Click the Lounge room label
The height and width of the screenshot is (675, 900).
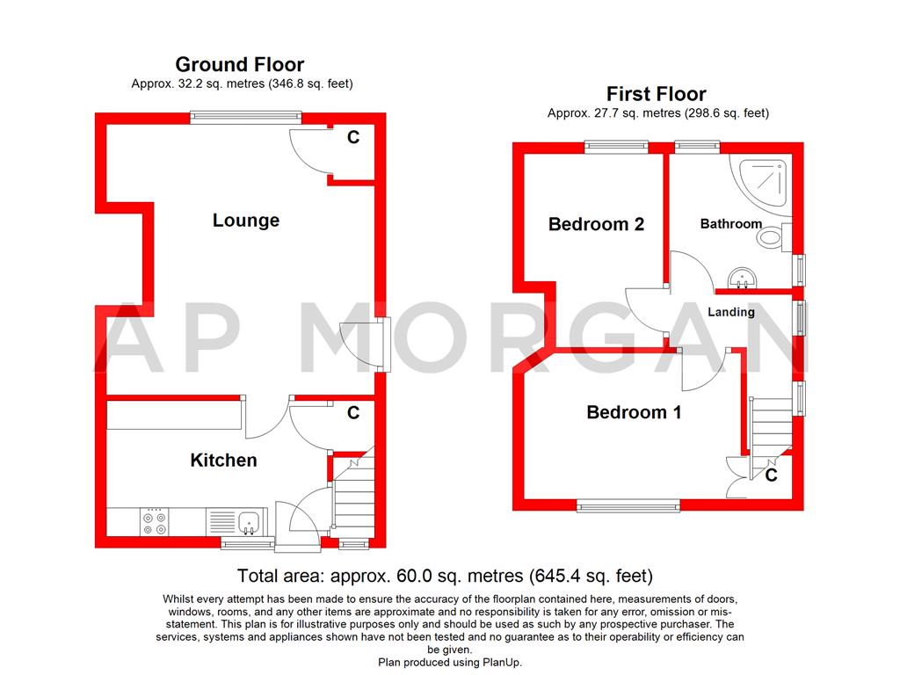click(246, 221)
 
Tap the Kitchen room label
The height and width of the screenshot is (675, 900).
click(223, 461)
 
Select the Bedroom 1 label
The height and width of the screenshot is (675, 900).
click(634, 412)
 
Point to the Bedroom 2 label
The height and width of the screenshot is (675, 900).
click(596, 224)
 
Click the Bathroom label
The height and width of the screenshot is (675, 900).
click(730, 224)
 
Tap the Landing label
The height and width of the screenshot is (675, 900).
click(730, 312)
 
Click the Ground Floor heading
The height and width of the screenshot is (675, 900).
click(239, 64)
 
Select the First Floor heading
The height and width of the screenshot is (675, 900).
click(656, 93)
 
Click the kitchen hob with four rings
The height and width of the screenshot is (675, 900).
click(155, 522)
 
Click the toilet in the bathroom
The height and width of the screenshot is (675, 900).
click(773, 236)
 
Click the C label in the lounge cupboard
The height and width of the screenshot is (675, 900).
click(353, 137)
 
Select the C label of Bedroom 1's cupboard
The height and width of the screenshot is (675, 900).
click(771, 475)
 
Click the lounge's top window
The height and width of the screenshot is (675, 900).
click(246, 117)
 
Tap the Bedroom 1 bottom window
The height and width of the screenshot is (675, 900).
click(628, 505)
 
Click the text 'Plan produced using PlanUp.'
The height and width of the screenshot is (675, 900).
click(450, 663)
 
